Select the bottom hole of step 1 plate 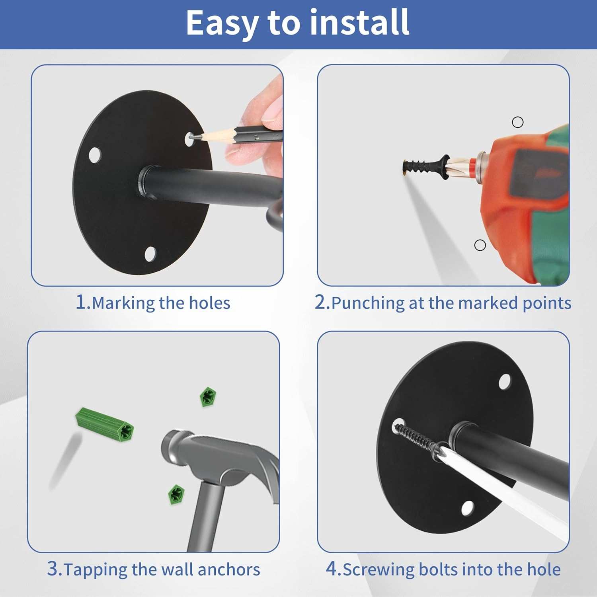point(150,254)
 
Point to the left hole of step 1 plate point(94,155)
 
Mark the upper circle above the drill point(517,122)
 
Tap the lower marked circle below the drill point(480,245)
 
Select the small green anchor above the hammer point(208,396)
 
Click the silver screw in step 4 point(416,440)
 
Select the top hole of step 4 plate point(505,381)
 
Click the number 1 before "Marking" point(81,302)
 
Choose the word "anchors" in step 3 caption point(229,570)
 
